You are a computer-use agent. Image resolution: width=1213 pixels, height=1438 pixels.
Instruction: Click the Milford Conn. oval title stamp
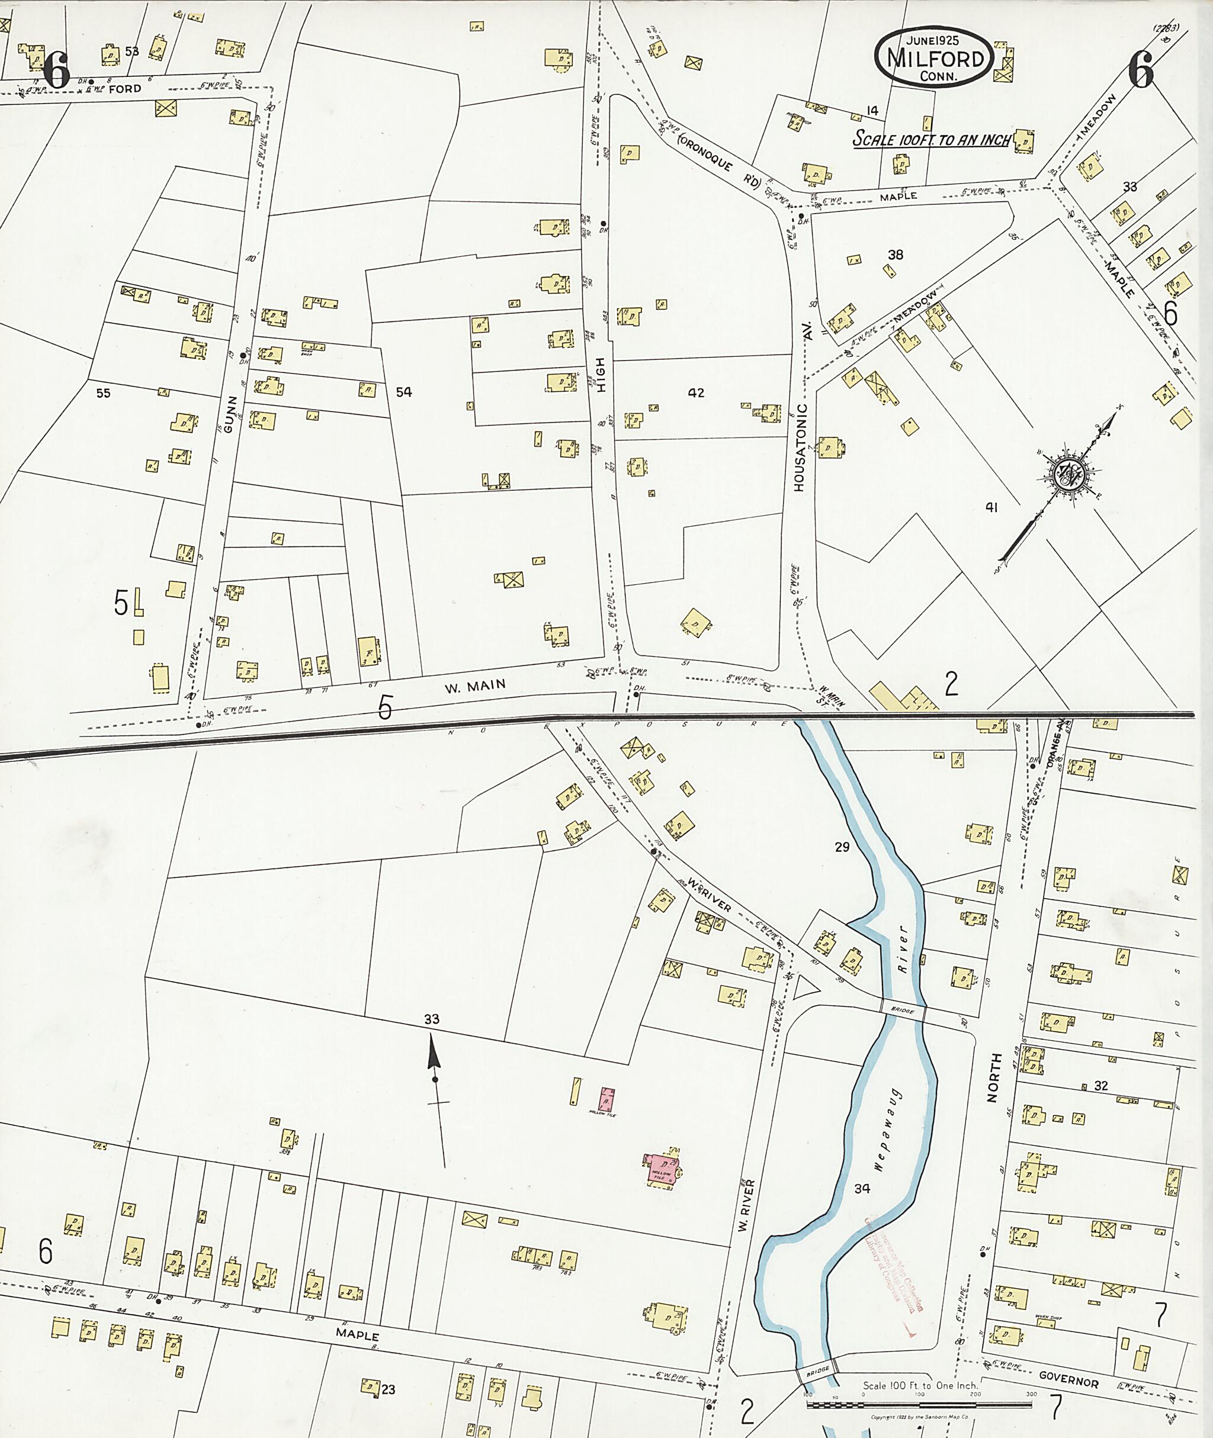934,58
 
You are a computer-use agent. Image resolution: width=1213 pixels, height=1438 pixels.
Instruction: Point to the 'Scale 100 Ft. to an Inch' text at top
931,139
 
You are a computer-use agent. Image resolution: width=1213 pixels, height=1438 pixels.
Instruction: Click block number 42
696,393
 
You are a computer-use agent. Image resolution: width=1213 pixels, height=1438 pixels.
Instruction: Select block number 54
404,392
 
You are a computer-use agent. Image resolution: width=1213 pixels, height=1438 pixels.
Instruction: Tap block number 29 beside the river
842,847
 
